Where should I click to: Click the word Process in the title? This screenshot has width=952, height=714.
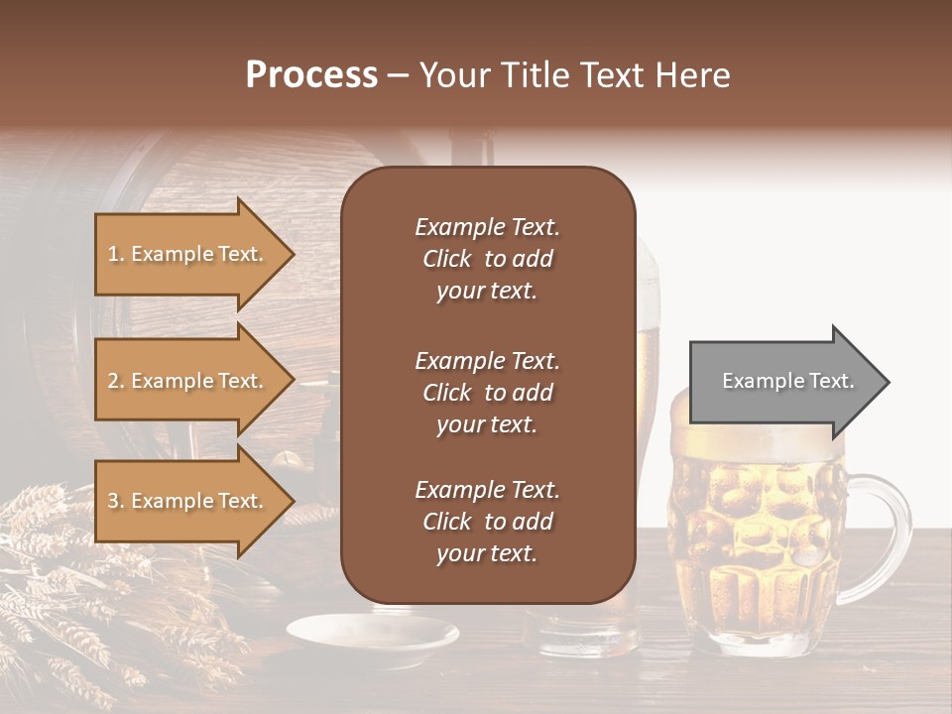311,75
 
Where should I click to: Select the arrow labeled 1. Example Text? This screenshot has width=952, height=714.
188,254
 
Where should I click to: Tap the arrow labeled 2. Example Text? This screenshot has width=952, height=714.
188,381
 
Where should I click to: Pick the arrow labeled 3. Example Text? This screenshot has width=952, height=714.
188,501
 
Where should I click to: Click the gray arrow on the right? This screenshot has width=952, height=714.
783,382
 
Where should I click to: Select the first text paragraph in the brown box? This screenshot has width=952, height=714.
487,259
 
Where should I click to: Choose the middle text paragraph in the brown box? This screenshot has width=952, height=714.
487,393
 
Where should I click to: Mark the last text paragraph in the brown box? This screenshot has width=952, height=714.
487,522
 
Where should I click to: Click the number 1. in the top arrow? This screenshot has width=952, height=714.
116,254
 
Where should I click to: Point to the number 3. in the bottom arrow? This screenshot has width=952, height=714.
116,501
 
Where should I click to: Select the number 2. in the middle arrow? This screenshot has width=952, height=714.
116,381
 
